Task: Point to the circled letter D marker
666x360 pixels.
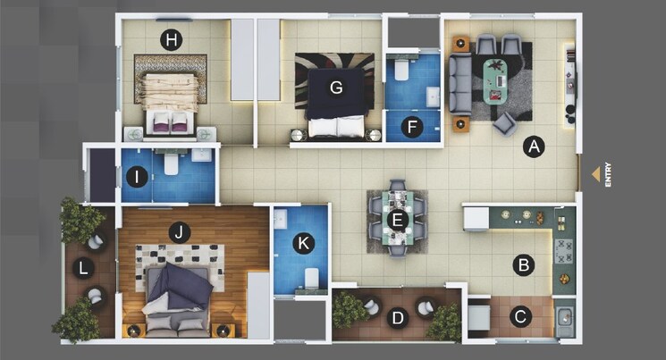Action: (x=398, y=315)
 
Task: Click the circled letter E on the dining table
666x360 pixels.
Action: (x=399, y=218)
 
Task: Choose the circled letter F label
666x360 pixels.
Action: (x=412, y=127)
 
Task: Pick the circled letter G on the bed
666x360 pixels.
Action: (x=336, y=88)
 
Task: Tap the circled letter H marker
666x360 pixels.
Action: (x=170, y=39)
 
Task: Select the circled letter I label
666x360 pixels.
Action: (x=137, y=177)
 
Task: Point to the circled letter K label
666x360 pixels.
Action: (x=304, y=241)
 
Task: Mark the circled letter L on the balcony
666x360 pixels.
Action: (x=83, y=268)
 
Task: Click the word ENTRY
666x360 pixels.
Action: (x=609, y=173)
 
